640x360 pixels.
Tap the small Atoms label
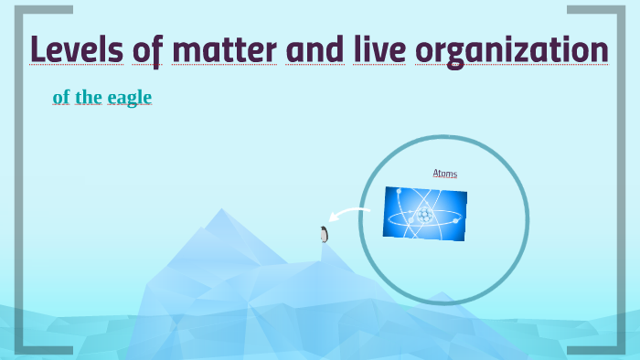click(x=445, y=174)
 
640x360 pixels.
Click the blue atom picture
click(x=425, y=214)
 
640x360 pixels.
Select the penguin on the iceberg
click(x=324, y=235)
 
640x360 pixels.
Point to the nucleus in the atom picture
click(x=424, y=216)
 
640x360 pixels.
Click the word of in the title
click(x=145, y=50)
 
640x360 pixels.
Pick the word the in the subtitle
click(x=90, y=97)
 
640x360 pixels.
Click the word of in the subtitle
click(x=61, y=97)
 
